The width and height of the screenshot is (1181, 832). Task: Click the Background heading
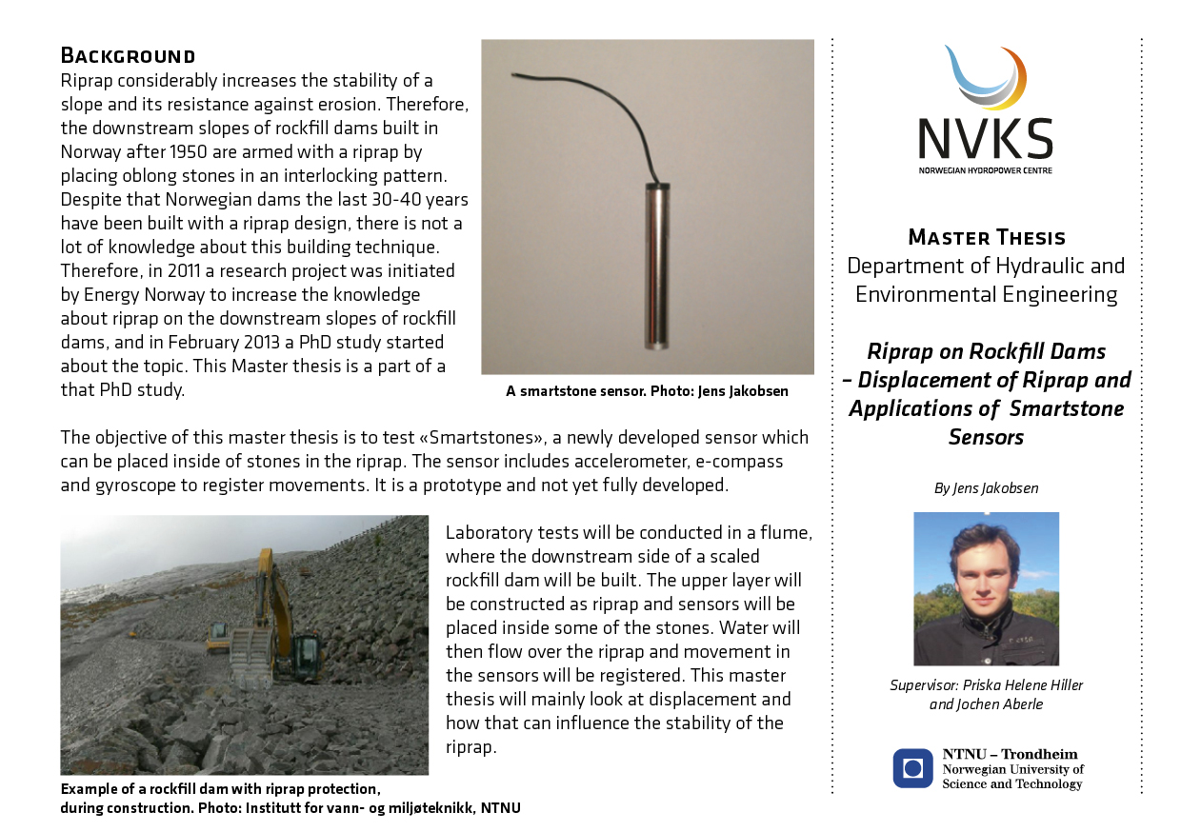tap(128, 54)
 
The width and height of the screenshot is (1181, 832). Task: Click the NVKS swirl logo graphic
tap(986, 79)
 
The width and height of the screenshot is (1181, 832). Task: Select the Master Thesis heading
tap(986, 237)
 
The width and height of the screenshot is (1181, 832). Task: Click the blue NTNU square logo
tap(912, 768)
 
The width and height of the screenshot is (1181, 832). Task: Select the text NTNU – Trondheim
tap(1010, 754)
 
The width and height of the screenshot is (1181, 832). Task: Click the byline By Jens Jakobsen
tap(986, 488)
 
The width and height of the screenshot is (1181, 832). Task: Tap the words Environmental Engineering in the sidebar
tap(986, 294)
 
